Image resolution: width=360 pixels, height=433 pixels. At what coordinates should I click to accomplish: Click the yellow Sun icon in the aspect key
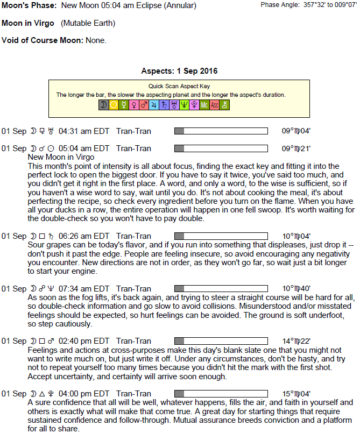114,105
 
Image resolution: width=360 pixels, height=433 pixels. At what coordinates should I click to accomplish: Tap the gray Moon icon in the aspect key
103,105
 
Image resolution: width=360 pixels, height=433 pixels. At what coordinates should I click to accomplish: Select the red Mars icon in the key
144,105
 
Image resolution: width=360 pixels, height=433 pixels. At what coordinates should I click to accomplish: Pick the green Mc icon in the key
204,105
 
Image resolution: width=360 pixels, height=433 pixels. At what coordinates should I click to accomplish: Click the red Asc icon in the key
214,105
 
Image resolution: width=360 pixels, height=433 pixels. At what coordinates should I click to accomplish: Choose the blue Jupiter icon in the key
153,105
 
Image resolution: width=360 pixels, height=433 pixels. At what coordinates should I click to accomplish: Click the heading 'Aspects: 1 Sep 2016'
179,71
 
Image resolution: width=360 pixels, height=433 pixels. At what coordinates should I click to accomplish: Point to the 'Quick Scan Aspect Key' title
179,86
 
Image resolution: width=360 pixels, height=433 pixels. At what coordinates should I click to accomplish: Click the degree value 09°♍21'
296,148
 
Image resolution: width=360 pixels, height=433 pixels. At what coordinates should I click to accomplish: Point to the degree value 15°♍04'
296,393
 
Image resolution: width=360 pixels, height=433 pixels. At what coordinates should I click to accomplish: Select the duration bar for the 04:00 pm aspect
221,393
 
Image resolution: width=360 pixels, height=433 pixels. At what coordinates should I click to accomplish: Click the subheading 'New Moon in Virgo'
61,157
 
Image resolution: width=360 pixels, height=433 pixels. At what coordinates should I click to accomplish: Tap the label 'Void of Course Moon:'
43,40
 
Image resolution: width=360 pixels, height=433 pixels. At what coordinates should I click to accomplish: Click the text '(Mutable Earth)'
88,24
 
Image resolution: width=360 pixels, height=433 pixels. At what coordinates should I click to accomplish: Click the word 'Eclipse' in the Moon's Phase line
149,6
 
